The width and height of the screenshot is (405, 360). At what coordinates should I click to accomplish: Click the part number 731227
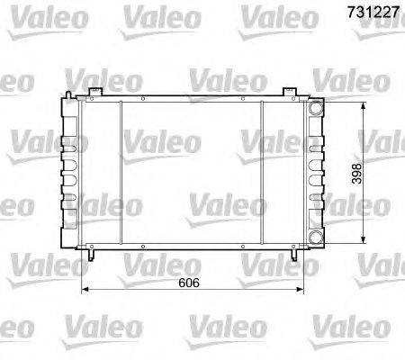(x=367, y=14)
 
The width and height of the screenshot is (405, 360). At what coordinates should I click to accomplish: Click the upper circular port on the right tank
(x=316, y=108)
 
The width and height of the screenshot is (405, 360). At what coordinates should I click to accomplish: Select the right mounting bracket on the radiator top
(x=287, y=93)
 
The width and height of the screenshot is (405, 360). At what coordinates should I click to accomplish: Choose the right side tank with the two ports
(x=315, y=171)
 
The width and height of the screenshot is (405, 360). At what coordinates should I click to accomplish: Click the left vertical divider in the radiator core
(x=121, y=171)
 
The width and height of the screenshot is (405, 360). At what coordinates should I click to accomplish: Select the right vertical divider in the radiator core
(x=261, y=171)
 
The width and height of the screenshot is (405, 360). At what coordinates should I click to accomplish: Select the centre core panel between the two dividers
(x=191, y=171)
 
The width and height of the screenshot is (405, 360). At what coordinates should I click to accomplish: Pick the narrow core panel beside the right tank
(x=283, y=171)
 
